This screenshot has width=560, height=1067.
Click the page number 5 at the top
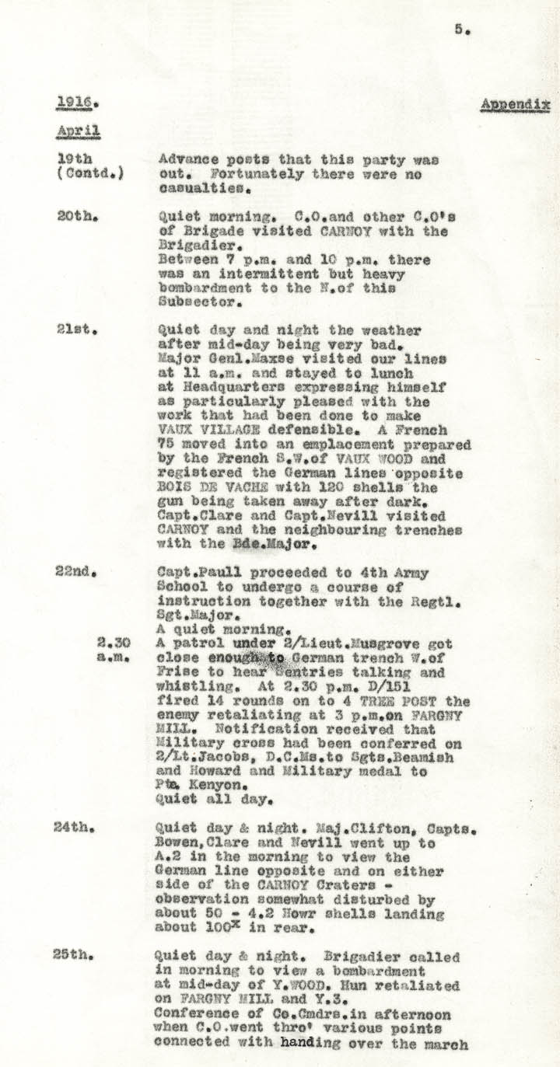coord(460,30)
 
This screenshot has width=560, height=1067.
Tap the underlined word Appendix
coord(515,104)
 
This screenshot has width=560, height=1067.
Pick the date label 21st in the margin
coord(75,330)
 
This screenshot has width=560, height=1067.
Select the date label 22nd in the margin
coord(75,572)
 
